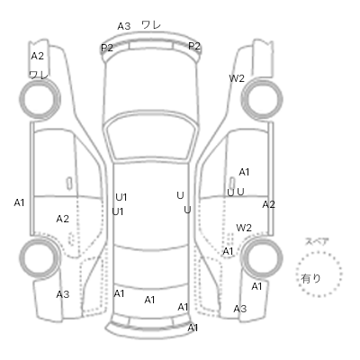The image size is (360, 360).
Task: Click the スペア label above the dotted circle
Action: (317, 241)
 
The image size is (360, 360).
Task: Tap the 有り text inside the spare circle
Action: (310, 279)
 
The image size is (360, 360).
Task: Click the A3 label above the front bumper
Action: (124, 26)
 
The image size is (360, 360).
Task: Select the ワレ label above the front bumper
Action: (151, 24)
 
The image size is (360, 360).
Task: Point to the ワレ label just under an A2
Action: (39, 75)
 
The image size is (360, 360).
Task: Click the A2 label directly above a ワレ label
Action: (38, 56)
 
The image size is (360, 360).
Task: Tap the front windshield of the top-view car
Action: (151, 138)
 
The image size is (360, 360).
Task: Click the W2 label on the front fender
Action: (237, 78)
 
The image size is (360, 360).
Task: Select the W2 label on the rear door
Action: (244, 228)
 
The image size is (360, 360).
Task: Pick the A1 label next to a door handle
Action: (244, 172)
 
